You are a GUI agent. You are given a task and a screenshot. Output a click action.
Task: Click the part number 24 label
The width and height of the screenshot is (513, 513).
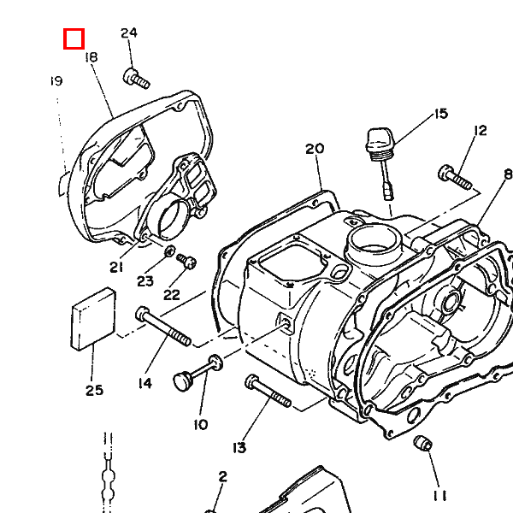point(128,33)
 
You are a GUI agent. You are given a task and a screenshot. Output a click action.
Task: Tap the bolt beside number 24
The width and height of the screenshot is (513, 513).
point(136,79)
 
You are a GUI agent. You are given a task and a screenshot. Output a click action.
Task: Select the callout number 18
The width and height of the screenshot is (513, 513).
point(91,57)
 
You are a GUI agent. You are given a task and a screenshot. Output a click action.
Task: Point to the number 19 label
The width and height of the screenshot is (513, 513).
point(56,81)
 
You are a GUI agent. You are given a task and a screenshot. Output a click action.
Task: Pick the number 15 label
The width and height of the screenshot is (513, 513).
point(440,114)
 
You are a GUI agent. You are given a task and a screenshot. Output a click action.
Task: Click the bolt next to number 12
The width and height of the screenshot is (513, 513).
point(455,177)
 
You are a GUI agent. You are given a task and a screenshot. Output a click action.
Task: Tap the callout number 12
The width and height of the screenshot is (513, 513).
point(480,131)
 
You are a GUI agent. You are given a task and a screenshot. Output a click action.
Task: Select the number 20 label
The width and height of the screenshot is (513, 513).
point(315,149)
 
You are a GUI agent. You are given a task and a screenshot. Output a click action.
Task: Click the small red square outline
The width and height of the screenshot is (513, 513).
point(74,38)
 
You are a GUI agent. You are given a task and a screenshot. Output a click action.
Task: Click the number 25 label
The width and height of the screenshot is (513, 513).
point(94,391)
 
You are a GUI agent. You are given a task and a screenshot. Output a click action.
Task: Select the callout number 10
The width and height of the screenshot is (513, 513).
point(201,424)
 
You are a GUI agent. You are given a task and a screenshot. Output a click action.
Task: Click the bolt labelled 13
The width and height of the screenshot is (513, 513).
point(268,392)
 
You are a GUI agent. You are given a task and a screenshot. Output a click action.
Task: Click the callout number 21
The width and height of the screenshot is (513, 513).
point(116,267)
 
